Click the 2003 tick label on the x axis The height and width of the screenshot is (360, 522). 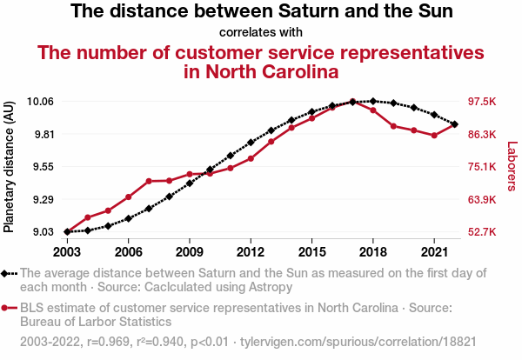tap(67, 252)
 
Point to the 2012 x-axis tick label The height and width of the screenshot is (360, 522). tap(251, 252)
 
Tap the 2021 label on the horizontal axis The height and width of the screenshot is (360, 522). tap(434, 252)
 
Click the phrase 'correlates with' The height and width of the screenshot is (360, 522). tap(261, 33)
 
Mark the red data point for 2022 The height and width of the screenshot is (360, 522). tap(455, 124)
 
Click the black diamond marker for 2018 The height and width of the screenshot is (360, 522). tap(373, 102)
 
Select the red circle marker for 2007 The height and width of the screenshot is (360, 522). tap(149, 181)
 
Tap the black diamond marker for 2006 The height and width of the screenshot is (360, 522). tap(129, 218)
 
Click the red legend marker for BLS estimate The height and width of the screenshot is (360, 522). tap(10, 308)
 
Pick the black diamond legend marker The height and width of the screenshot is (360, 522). tap(10, 273)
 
